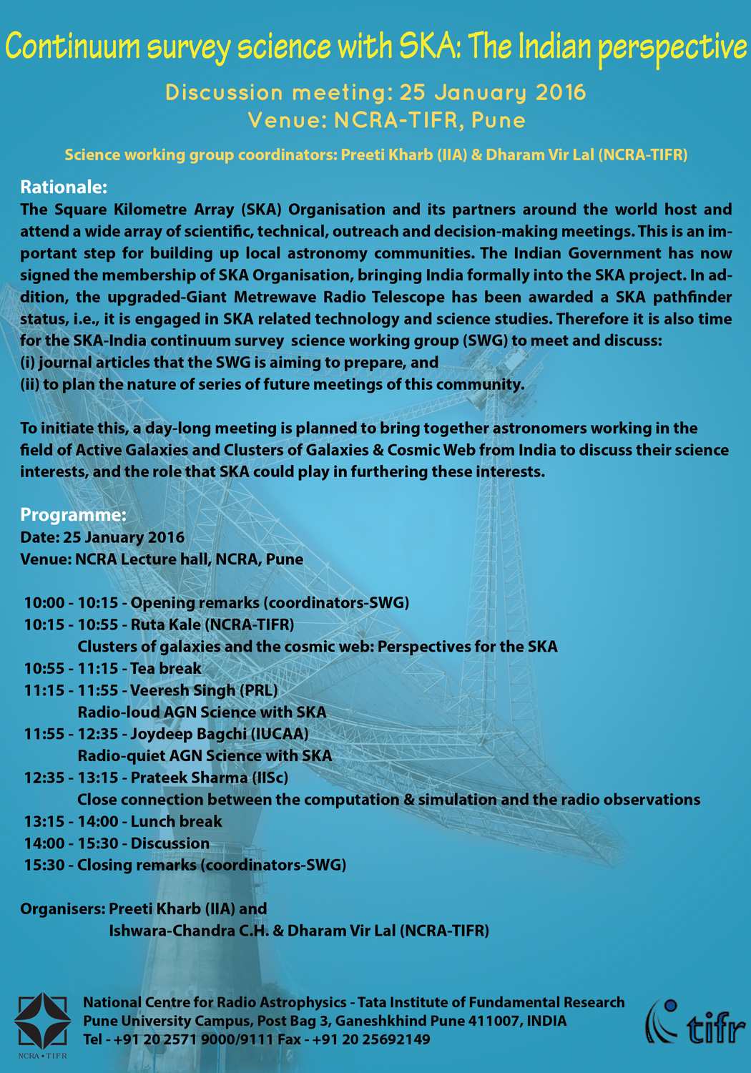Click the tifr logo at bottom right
click(x=695, y=1022)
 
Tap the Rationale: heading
click(x=64, y=187)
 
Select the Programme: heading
click(x=73, y=515)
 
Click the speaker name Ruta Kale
click(x=165, y=624)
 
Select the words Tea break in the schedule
click(x=166, y=668)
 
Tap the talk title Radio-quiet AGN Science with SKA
click(x=205, y=755)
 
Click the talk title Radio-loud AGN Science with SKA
click(x=202, y=712)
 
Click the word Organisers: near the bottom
click(x=62, y=908)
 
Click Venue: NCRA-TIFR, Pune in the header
click(x=386, y=120)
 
